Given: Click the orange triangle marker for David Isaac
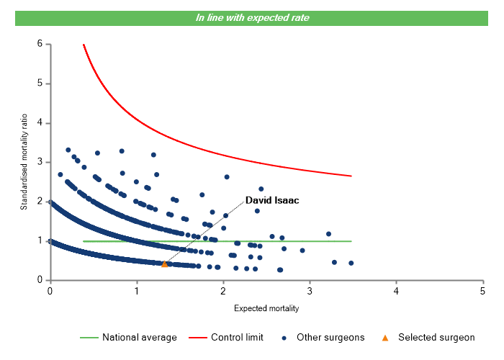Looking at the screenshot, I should click(x=164, y=264).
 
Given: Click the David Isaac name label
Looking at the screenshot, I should click(x=272, y=200).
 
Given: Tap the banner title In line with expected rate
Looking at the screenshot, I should click(x=252, y=18).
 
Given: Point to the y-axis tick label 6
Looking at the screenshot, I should click(x=39, y=44).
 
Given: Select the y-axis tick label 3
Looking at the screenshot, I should click(x=39, y=162).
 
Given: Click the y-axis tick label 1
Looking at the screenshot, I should click(x=39, y=240).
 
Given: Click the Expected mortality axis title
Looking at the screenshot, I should click(x=266, y=309).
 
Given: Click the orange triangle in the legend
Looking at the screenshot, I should click(x=385, y=337).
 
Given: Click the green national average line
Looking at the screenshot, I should click(x=288, y=241).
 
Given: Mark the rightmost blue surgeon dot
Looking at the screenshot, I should click(x=351, y=263).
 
